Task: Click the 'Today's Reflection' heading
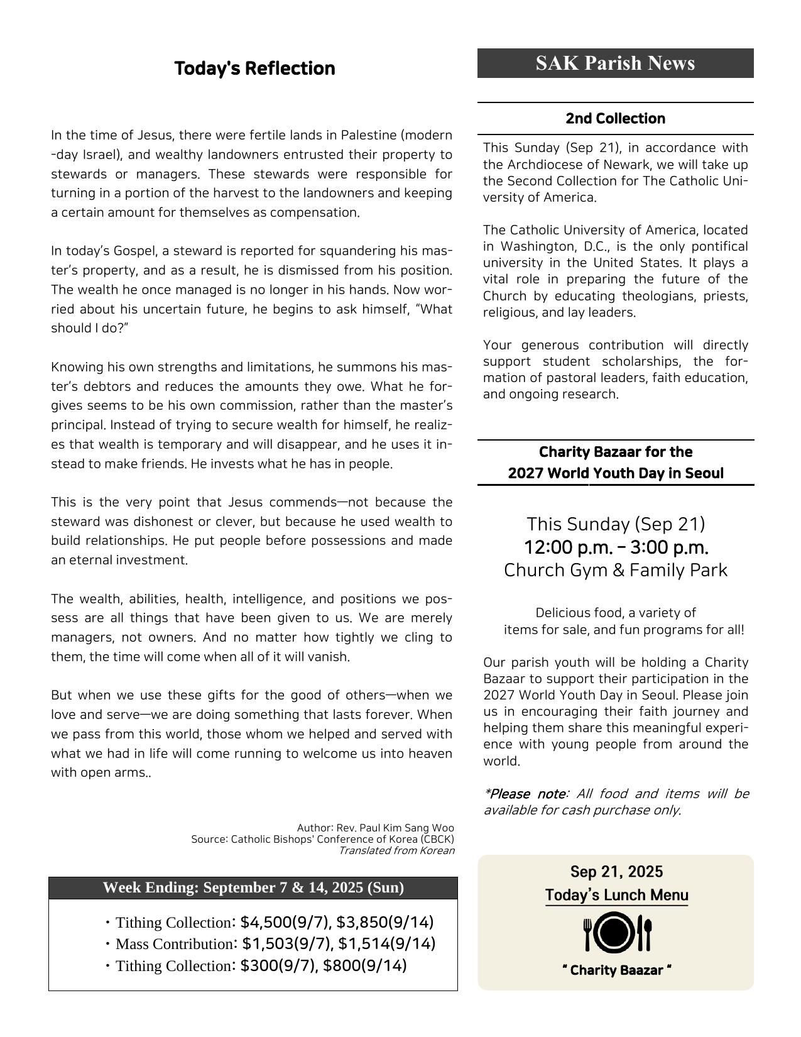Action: [x=254, y=68]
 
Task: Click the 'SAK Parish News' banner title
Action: [x=615, y=63]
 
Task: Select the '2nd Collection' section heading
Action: [x=615, y=118]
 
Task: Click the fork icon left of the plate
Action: [x=588, y=934]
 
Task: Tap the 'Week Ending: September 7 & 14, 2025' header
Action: [x=253, y=887]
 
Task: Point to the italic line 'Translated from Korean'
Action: [x=396, y=850]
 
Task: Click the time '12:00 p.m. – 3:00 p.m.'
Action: [x=616, y=547]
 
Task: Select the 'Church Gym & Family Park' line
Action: [x=616, y=570]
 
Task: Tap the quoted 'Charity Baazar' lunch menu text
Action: [x=616, y=970]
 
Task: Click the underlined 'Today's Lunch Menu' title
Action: [x=616, y=895]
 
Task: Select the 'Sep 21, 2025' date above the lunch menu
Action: [x=616, y=872]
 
